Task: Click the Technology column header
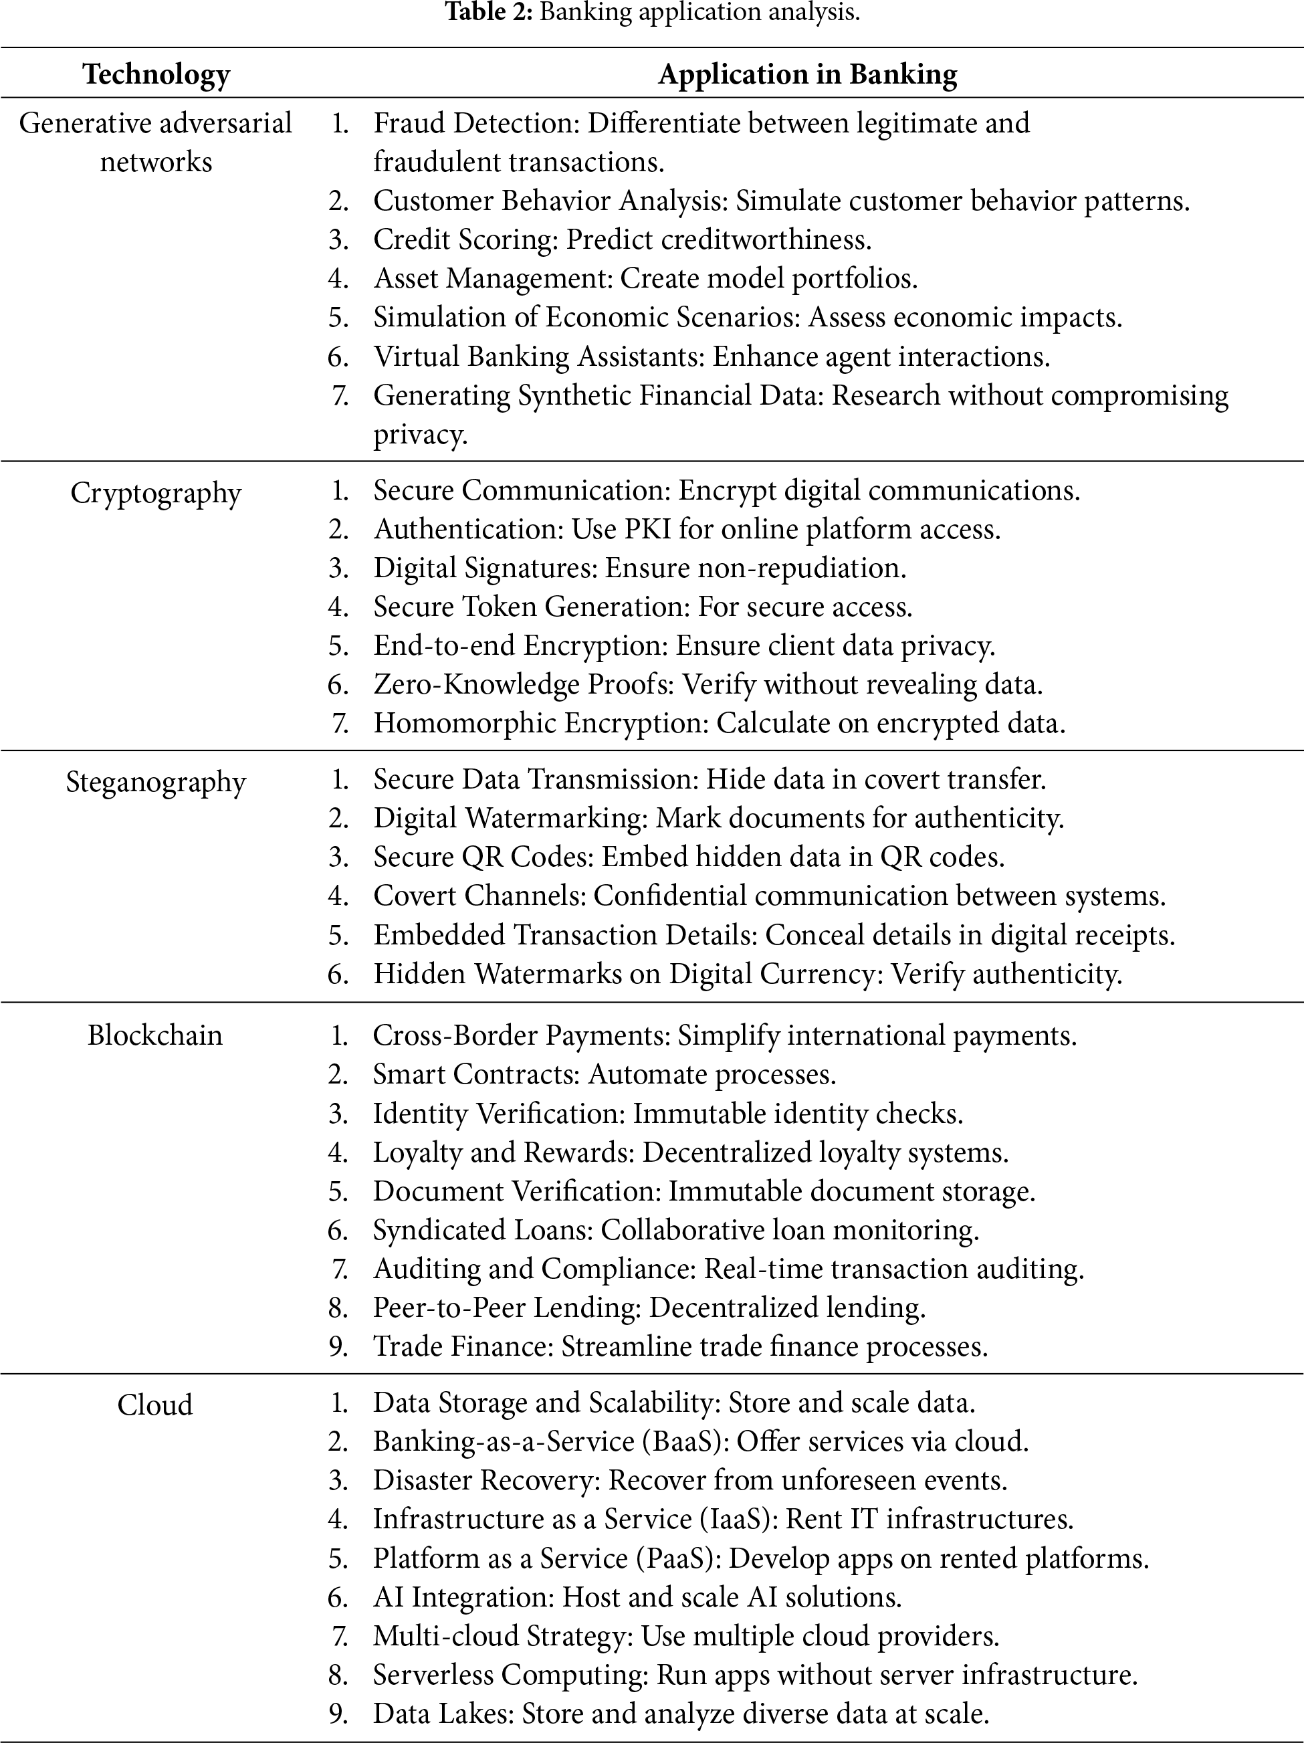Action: coord(156,74)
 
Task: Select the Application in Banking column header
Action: coord(808,74)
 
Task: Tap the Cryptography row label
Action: coord(155,494)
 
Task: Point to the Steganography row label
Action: coord(155,783)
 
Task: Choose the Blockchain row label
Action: coord(154,1035)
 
